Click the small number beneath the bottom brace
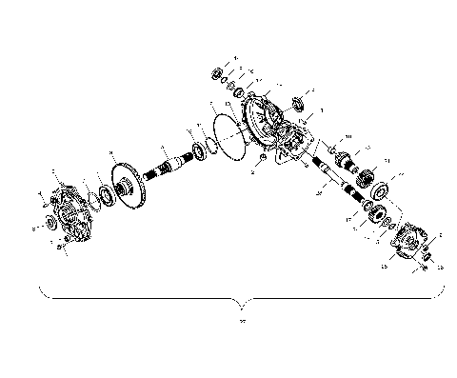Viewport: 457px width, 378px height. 243,321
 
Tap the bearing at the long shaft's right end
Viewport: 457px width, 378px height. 203,148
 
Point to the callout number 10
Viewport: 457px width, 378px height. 348,137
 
